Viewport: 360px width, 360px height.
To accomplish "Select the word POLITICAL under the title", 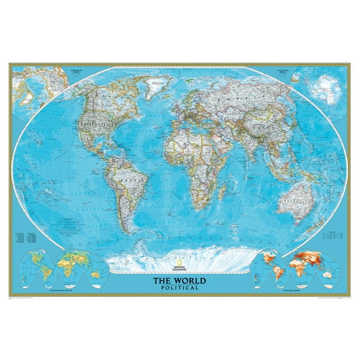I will tap(180, 287).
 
